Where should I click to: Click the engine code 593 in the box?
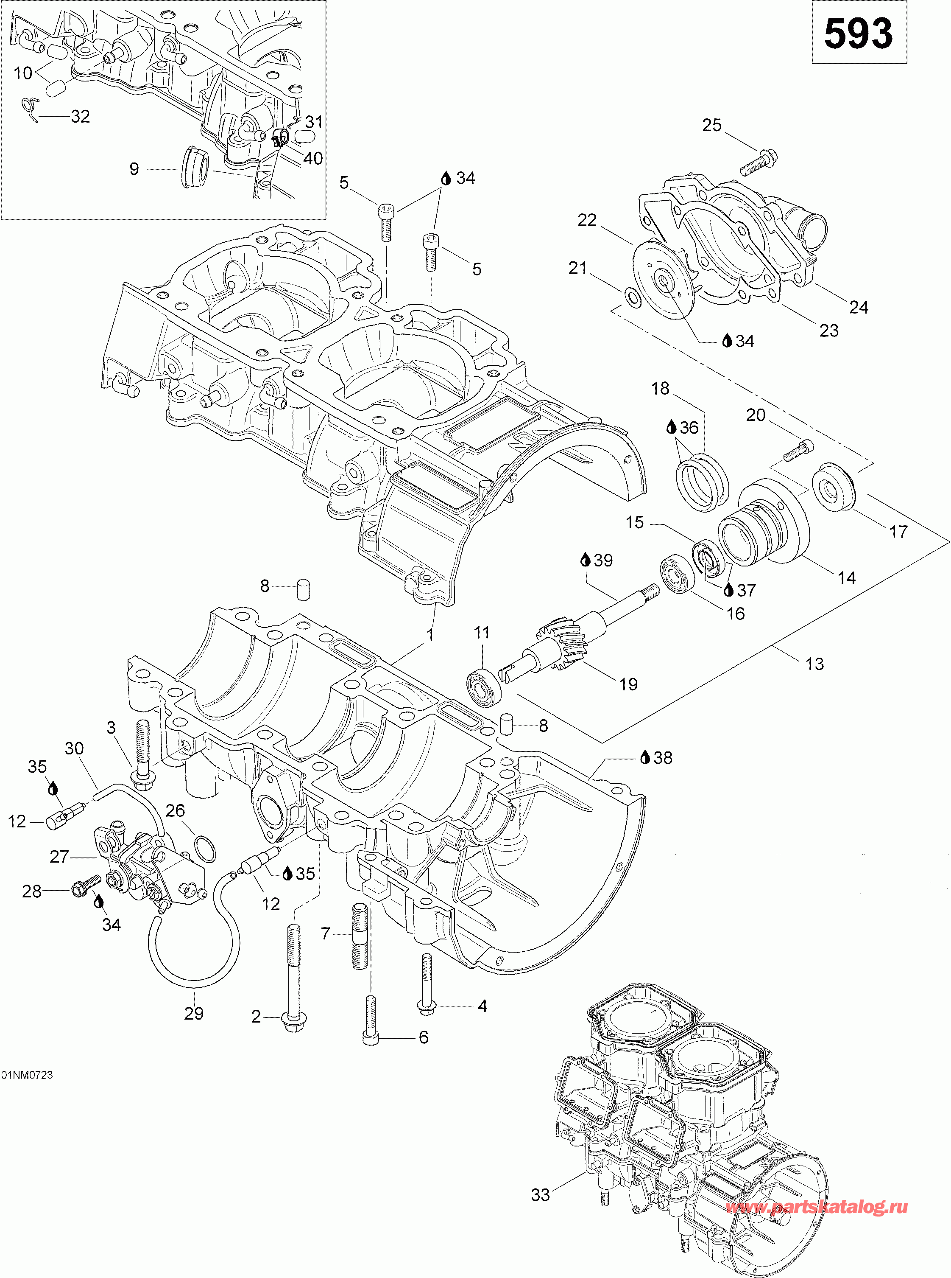(x=858, y=34)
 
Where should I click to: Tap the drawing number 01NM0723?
(x=27, y=1075)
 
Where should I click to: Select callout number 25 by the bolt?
(x=711, y=126)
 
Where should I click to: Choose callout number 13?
(x=814, y=664)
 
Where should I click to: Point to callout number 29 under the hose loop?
(x=193, y=1013)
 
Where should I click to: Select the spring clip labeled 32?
(x=29, y=109)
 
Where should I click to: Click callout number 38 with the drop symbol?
(x=662, y=758)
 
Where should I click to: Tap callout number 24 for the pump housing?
(x=858, y=308)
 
